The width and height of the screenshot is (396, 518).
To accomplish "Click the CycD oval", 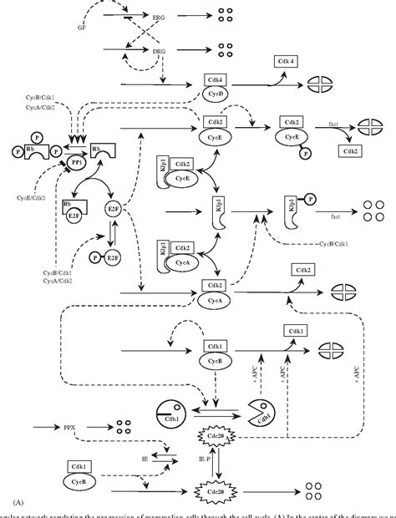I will pos(216,94).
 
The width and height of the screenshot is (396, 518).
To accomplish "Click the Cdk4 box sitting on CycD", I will pos(216,80).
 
